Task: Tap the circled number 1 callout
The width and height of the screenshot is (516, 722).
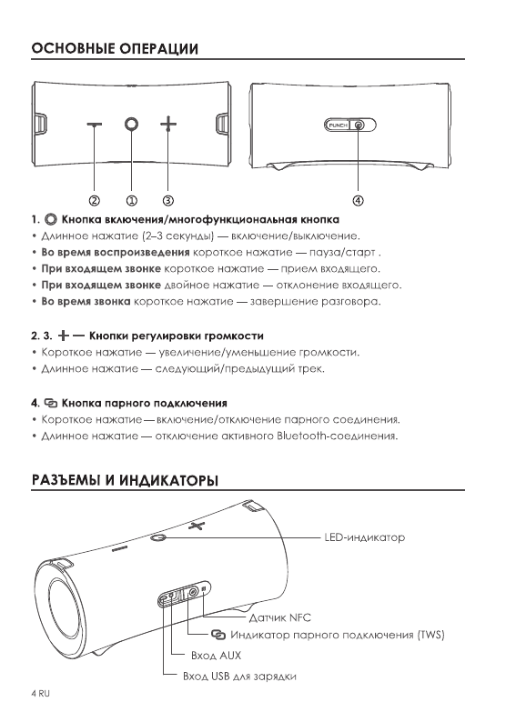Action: coord(131,198)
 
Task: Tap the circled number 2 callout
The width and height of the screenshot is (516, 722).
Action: coord(94,198)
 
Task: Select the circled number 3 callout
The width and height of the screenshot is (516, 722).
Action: coord(167,198)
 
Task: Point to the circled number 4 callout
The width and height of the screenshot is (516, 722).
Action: coord(358,198)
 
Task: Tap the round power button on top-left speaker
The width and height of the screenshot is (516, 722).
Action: coord(131,124)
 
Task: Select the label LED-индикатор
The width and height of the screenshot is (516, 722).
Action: coord(364,537)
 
